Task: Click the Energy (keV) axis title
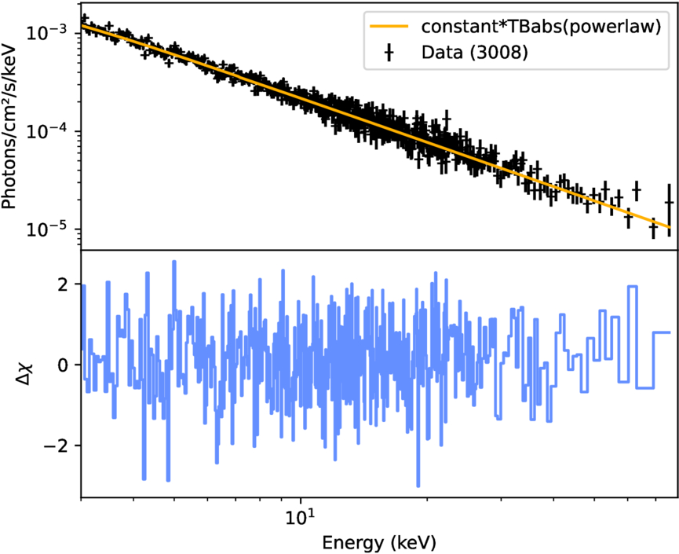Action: point(378,542)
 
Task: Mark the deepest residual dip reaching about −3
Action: point(418,485)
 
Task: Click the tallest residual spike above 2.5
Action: point(173,262)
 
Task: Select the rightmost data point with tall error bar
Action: point(669,203)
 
